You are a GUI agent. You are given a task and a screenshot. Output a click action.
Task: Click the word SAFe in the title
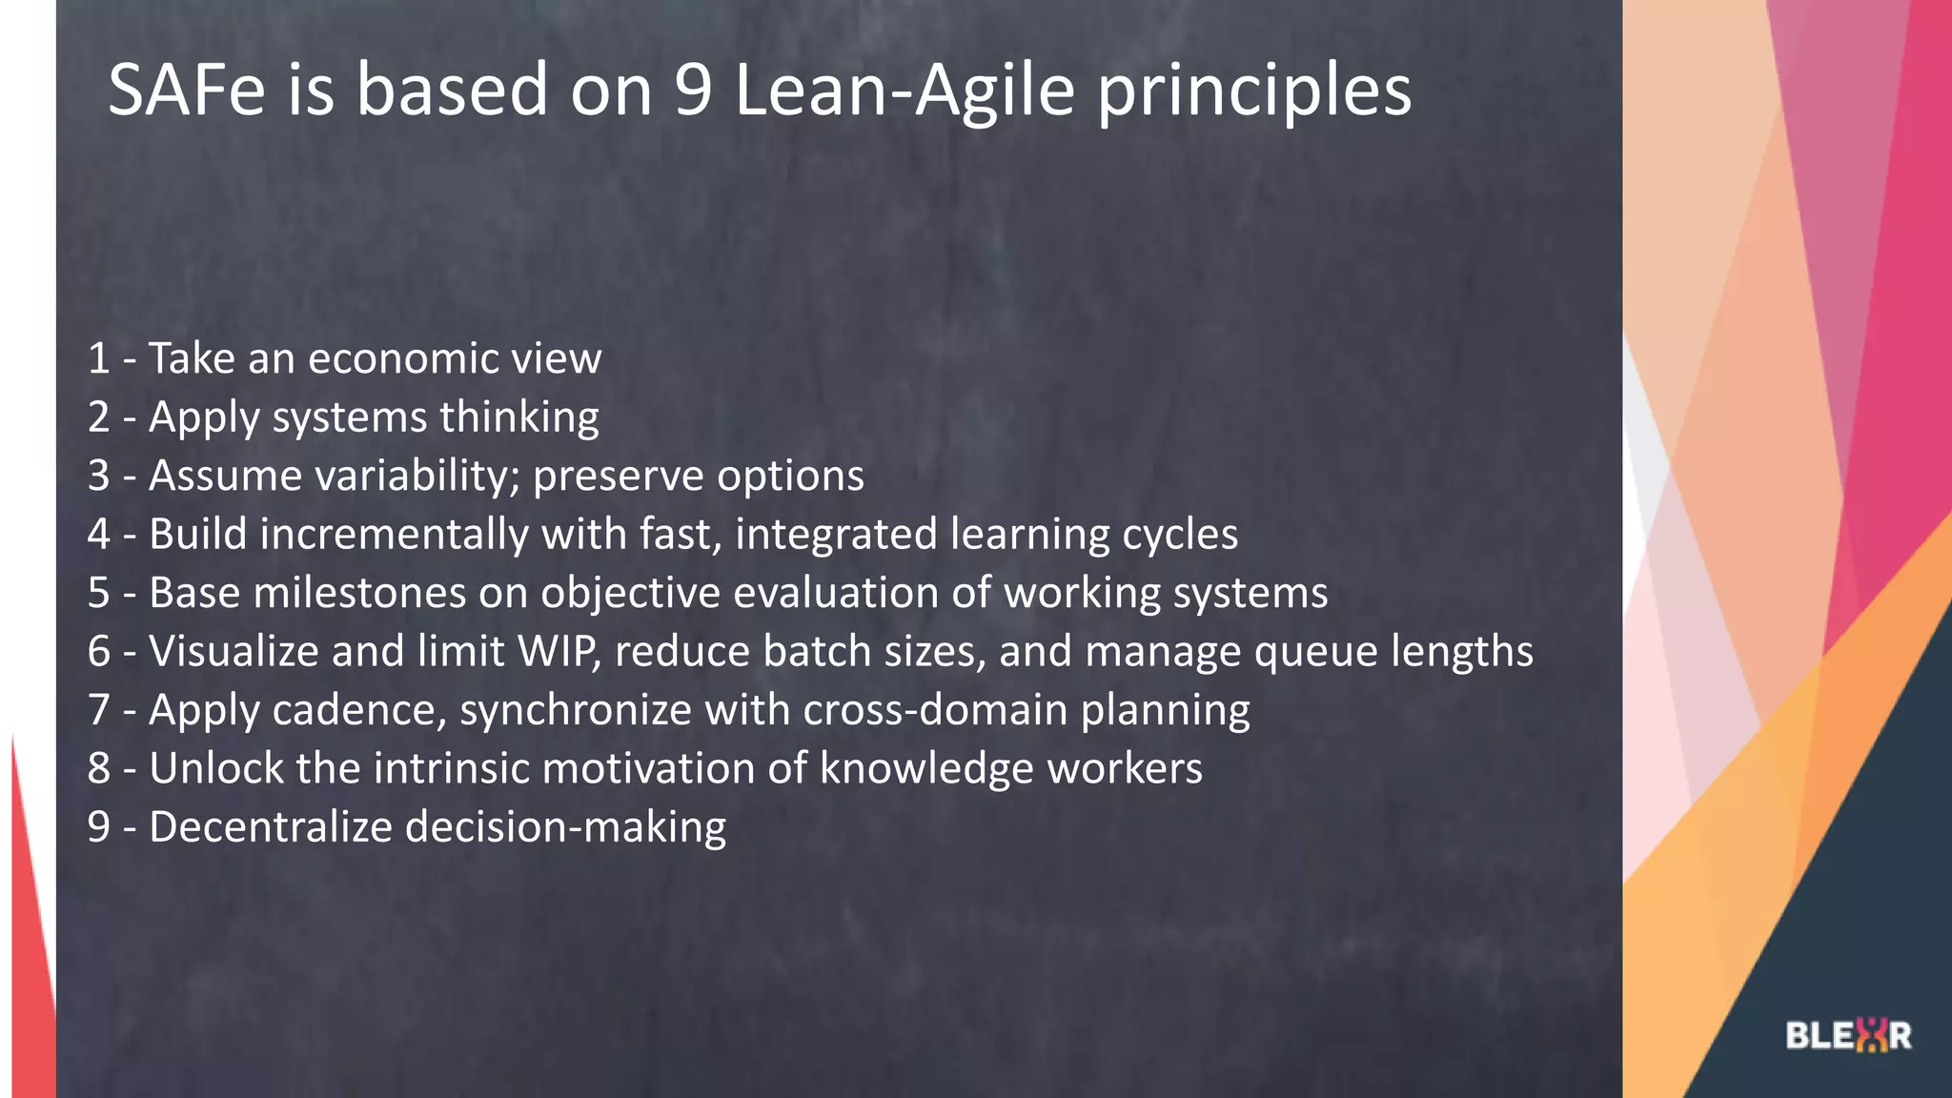pos(187,90)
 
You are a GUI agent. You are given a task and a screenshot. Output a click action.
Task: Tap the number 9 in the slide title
pos(694,90)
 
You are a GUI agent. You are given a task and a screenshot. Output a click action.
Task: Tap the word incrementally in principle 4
pos(394,535)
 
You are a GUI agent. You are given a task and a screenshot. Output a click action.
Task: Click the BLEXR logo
pos(1848,1035)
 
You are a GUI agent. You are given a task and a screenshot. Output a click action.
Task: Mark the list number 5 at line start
pos(99,593)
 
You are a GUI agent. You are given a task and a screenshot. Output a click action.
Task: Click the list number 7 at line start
pos(99,710)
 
